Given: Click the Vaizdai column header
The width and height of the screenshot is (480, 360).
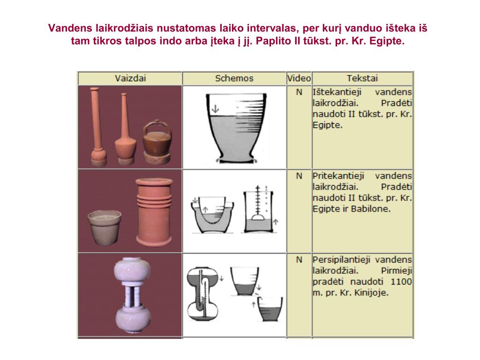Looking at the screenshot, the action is (130, 78).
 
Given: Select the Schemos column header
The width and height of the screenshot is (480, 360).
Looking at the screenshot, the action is (234, 78).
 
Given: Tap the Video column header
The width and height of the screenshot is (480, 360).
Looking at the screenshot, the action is (299, 78).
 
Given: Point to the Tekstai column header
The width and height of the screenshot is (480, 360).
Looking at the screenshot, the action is (362, 78).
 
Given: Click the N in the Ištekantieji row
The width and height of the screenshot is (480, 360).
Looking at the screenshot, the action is (299, 92).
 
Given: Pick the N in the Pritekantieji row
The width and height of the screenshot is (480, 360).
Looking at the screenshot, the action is (299, 176).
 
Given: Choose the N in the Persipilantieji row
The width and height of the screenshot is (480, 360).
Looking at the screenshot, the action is (299, 260).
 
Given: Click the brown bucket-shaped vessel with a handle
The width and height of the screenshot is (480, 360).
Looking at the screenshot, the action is (157, 142).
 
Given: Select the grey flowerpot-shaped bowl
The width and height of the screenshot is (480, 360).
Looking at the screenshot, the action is (105, 227).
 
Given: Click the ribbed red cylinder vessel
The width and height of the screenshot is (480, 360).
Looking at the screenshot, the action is (154, 212).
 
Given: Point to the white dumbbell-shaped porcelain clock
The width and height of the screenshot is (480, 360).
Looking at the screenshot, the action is (132, 295).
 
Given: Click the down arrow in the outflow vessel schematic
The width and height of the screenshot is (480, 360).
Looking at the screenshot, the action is (216, 109).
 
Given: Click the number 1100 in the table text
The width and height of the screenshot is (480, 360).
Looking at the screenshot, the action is (401, 282).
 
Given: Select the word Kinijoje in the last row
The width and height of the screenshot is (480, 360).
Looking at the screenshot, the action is (371, 293).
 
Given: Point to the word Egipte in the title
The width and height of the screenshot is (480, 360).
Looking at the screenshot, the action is (387, 41).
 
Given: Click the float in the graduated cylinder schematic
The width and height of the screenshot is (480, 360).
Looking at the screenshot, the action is (258, 217).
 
